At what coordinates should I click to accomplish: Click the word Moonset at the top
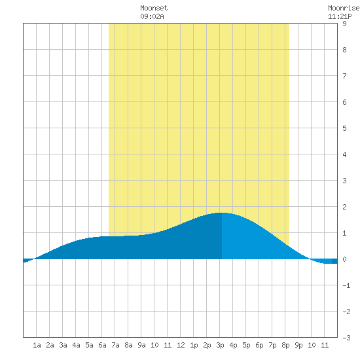click(154, 8)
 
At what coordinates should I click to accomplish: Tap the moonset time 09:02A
click(152, 16)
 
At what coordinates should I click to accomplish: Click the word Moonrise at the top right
click(344, 8)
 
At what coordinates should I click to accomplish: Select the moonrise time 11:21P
click(340, 16)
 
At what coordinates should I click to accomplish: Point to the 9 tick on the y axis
click(344, 24)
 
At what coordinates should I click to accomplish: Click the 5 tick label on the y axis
click(344, 128)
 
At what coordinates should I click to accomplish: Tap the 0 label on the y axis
click(344, 259)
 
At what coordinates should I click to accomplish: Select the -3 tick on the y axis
click(346, 338)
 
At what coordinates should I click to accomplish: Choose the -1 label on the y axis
click(346, 285)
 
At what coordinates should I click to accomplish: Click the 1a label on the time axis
click(37, 345)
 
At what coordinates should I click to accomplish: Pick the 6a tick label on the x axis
click(102, 345)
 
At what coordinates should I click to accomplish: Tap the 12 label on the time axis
click(181, 345)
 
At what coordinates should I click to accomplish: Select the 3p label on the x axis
click(220, 345)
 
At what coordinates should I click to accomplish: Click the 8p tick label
click(285, 345)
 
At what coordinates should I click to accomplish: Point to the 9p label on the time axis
click(298, 345)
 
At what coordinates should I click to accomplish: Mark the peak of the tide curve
click(221, 213)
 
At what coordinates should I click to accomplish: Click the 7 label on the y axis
click(344, 76)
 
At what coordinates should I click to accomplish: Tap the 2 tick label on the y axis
click(344, 207)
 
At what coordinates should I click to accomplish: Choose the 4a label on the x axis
click(76, 345)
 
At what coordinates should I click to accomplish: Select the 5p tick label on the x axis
click(246, 345)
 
